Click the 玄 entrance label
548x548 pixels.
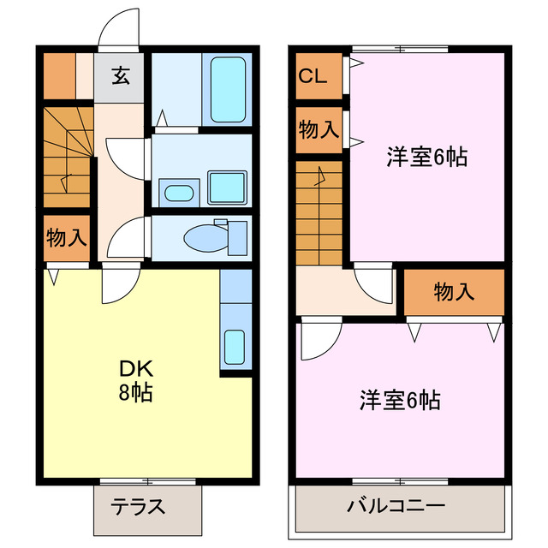[120, 76]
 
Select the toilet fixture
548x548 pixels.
[209, 236]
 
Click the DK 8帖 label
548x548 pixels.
[136, 380]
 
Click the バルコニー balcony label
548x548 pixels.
[396, 506]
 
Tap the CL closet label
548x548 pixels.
[313, 76]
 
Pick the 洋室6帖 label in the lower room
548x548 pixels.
[400, 399]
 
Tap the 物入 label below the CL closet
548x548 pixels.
[318, 130]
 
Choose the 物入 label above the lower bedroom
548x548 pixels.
[454, 292]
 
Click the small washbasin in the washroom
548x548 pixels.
[178, 191]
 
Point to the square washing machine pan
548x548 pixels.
[227, 185]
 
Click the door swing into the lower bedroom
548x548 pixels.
[317, 341]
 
